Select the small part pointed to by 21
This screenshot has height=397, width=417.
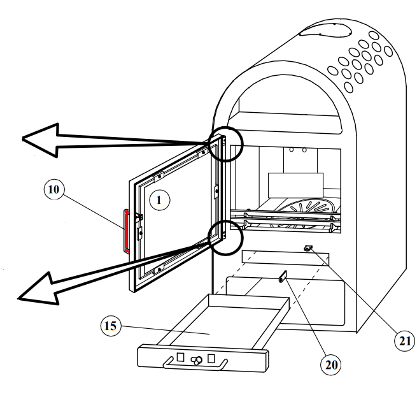(308, 249)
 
